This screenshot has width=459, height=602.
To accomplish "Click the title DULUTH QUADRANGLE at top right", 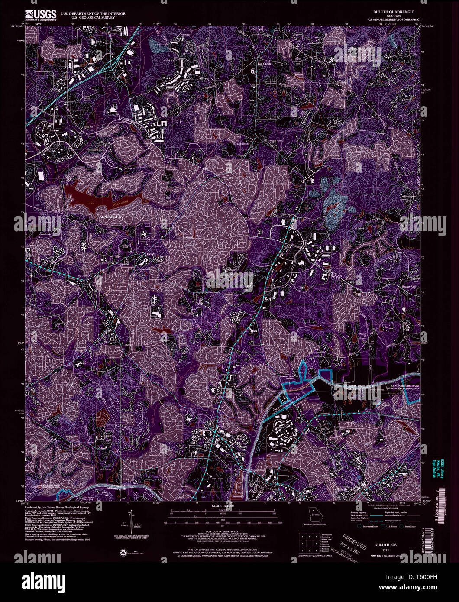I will [396, 12].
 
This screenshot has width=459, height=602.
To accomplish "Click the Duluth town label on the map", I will [342, 489].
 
